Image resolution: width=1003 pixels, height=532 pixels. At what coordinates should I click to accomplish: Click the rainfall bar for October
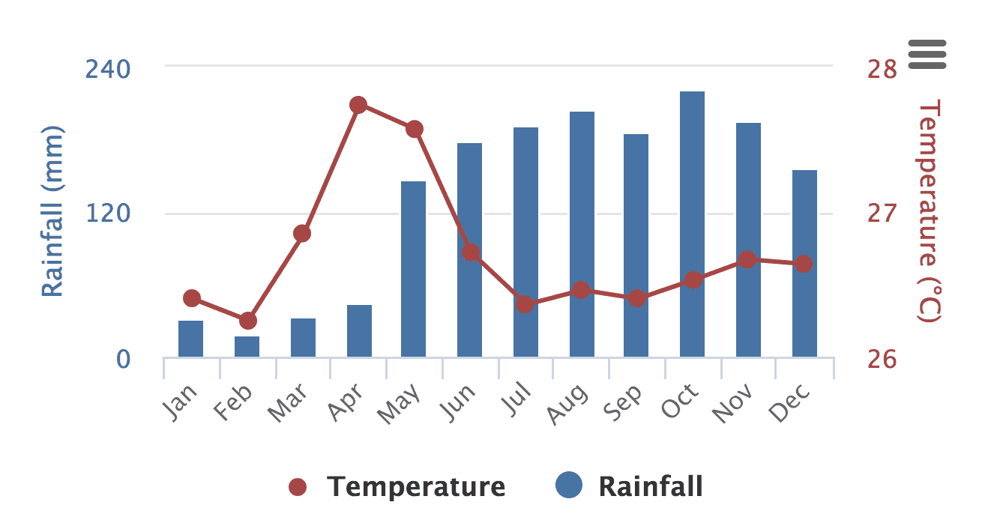pos(692,224)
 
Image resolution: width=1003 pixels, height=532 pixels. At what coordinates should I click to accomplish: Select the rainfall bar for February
pos(247,347)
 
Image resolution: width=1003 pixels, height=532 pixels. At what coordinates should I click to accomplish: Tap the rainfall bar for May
pos(413,269)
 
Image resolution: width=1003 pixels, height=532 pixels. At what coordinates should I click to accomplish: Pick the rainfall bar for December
pos(804,264)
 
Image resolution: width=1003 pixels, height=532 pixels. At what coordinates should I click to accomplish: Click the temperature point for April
pos(358,105)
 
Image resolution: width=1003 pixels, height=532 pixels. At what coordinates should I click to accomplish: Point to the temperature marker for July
pos(525,304)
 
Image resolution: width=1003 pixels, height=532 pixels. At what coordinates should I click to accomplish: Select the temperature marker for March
pos(302,234)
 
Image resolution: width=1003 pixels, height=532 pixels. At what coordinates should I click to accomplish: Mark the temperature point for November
pos(747,260)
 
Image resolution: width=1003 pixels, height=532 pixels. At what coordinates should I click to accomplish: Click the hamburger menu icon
pos(927,54)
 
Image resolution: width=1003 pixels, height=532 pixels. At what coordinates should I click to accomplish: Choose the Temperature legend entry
pos(397,487)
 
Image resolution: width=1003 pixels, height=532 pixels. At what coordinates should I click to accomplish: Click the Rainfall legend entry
pos(630,487)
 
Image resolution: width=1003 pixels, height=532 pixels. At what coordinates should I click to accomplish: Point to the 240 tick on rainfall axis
pos(108,69)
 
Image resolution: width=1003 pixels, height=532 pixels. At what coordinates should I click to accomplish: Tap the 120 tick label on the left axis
pos(108,214)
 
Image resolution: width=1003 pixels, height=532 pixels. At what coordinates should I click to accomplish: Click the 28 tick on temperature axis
pos(882,69)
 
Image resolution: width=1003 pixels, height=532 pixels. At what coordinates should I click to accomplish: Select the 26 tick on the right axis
pos(882,360)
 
